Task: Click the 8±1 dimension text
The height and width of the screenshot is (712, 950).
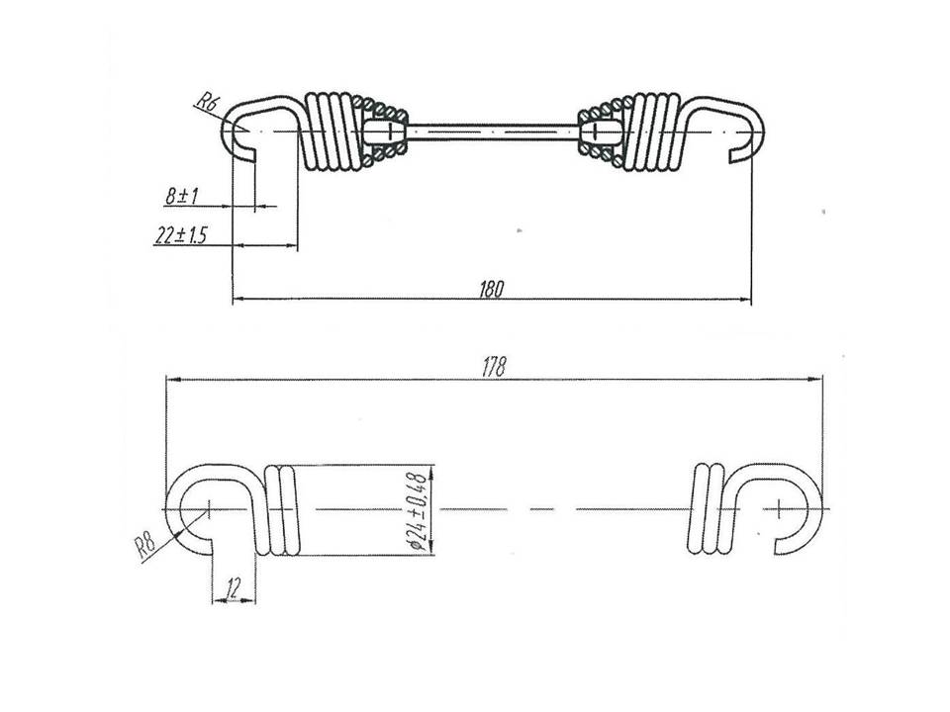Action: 182,196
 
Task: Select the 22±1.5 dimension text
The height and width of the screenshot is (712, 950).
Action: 180,234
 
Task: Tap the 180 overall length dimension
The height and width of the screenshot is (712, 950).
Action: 492,290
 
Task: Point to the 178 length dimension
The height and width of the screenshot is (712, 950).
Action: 493,368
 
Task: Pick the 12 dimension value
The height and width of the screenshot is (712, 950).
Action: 233,586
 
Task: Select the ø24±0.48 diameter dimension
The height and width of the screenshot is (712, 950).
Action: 418,510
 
